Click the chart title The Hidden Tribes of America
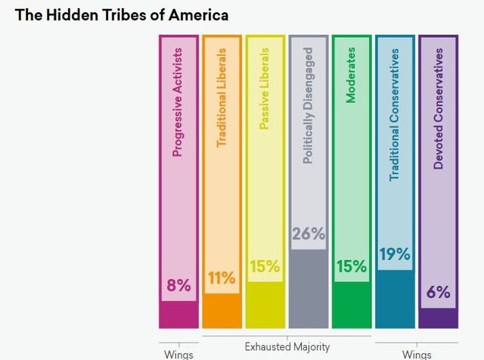(122, 15)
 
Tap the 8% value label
(179, 286)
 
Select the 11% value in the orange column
(222, 278)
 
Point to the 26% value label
(309, 234)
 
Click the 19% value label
(395, 255)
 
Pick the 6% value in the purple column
(438, 292)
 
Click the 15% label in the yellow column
(265, 266)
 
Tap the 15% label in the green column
(352, 266)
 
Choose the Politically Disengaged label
(308, 107)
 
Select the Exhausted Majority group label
(287, 347)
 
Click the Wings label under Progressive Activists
(178, 354)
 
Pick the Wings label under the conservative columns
(416, 354)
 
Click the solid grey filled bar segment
(309, 287)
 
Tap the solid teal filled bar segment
(395, 298)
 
